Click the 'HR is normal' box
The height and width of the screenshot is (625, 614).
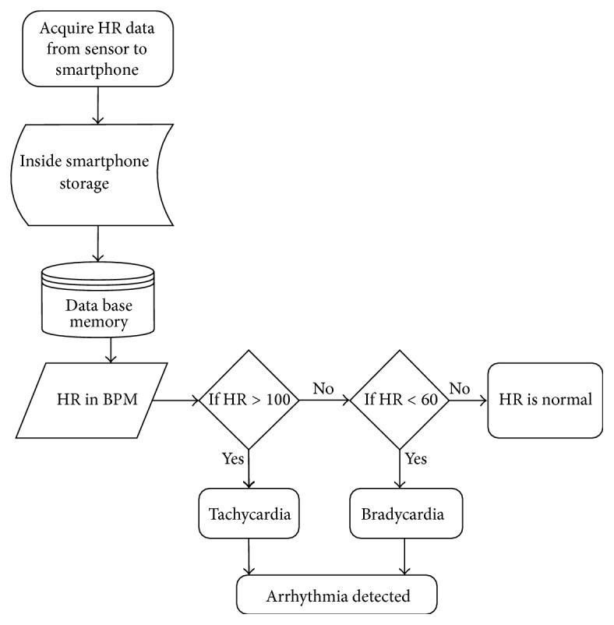[545, 401]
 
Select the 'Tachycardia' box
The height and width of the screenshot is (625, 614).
[247, 515]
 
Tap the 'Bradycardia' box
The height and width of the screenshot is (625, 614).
[403, 515]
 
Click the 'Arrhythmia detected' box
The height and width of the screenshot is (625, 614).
[337, 597]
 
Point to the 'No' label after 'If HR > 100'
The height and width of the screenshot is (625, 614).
[323, 387]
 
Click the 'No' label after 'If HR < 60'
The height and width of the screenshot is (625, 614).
[460, 387]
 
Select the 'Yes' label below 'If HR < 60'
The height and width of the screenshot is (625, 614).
[416, 459]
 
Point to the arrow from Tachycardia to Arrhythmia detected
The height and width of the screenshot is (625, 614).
[248, 556]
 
